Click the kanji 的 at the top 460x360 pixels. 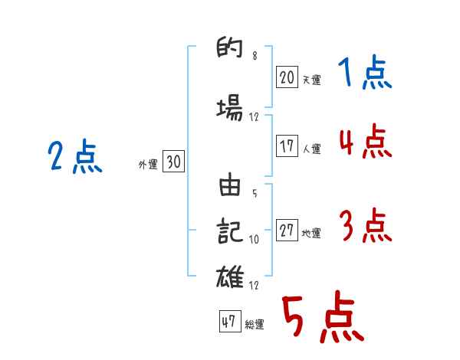point(231,51)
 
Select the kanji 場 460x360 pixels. point(231,108)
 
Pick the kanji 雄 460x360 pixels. point(231,276)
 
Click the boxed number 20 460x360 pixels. point(287,77)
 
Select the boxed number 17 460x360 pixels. point(287,147)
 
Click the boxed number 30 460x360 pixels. point(173,162)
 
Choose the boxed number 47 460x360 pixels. point(228,322)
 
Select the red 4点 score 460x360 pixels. point(364,142)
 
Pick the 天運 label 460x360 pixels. point(311,79)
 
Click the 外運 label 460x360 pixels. point(148,163)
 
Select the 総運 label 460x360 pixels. point(255,325)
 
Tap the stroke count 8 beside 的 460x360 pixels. point(255,56)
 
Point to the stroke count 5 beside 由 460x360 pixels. point(255,192)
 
